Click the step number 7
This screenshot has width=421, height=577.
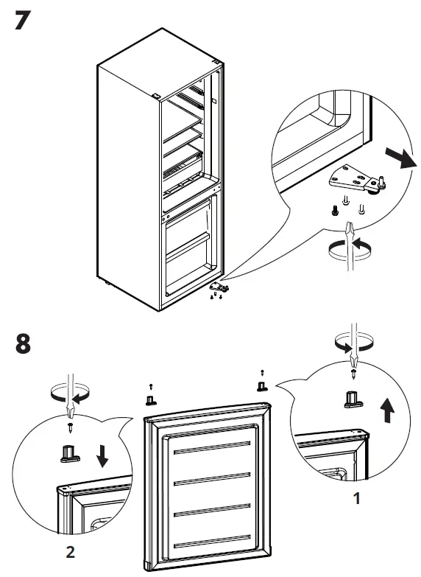21,20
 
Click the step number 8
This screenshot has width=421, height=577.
21,343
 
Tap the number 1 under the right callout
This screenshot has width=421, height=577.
357,499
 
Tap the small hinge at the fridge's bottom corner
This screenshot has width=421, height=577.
219,287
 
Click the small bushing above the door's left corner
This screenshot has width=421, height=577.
150,399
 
